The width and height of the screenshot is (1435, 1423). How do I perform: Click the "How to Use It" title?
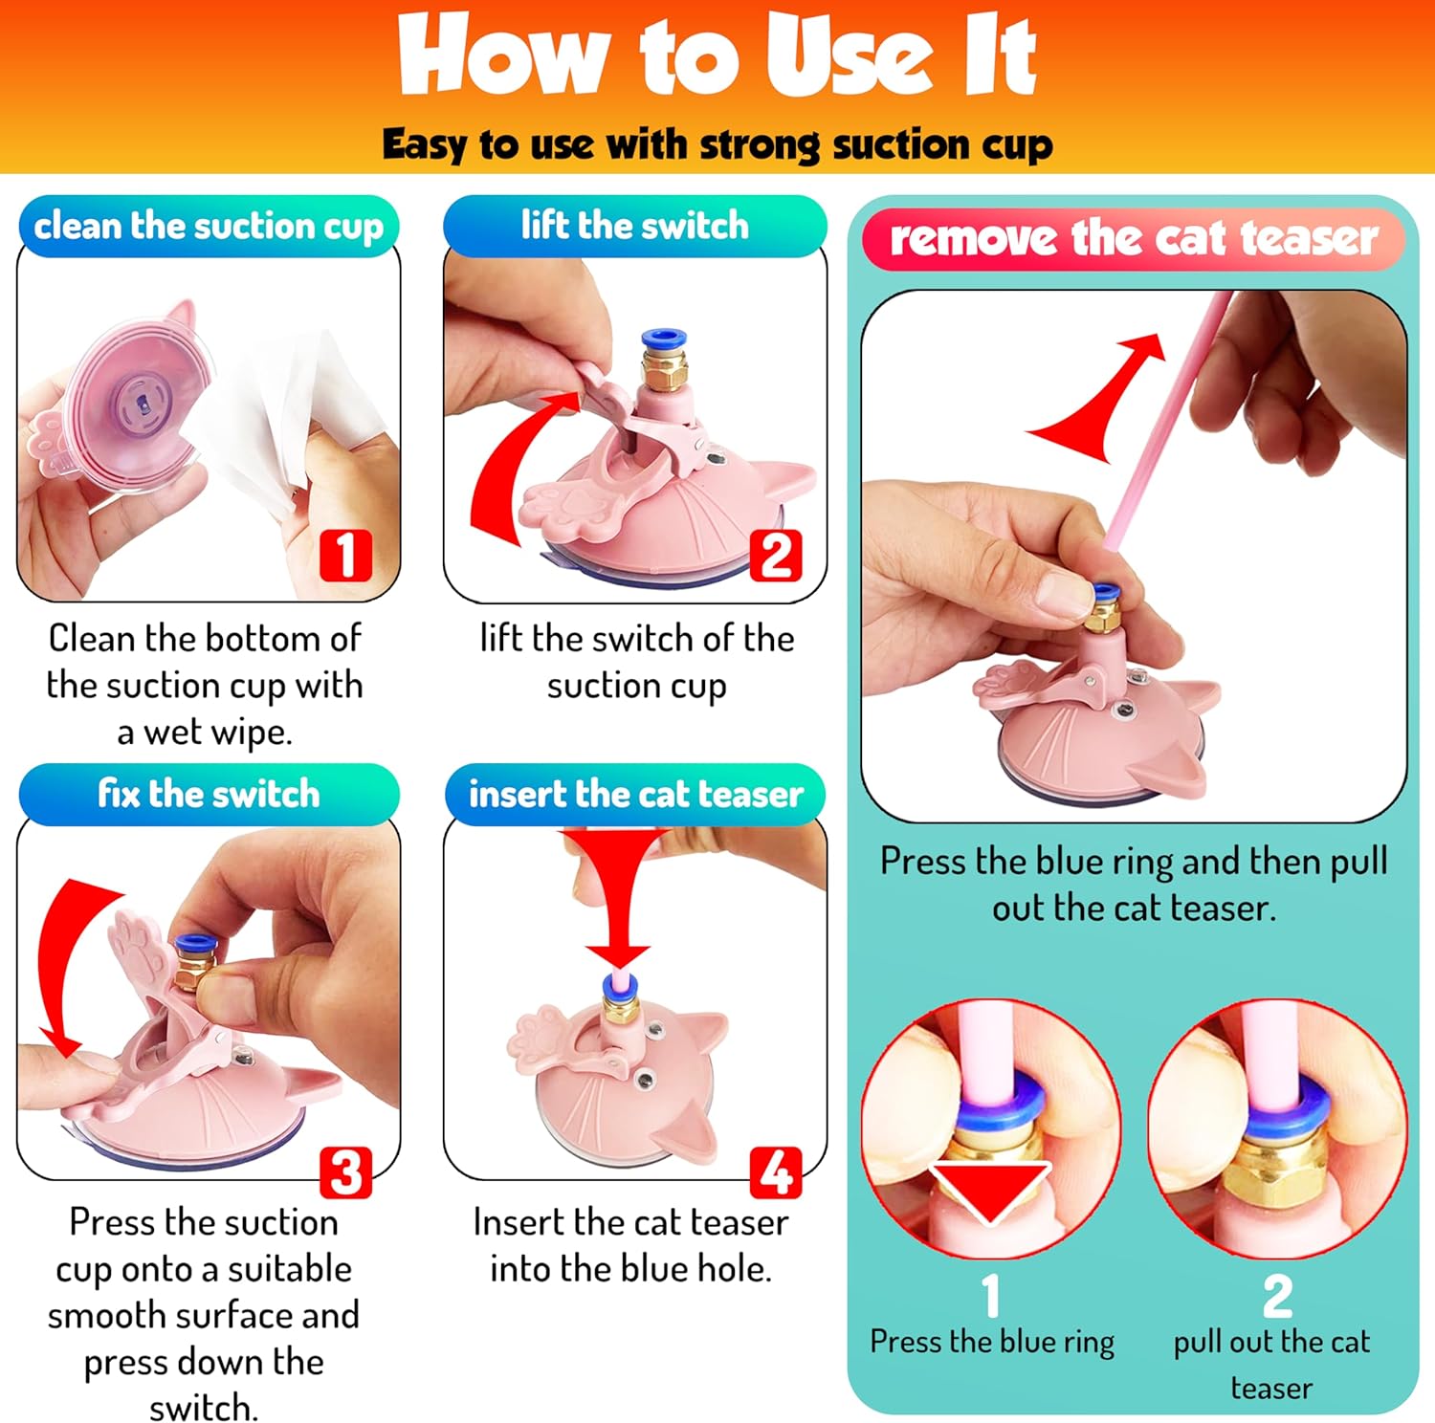(x=717, y=55)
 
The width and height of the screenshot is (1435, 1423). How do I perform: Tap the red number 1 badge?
(x=345, y=555)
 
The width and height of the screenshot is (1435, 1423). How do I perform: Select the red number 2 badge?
(x=776, y=555)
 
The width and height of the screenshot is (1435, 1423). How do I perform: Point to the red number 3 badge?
(x=345, y=1172)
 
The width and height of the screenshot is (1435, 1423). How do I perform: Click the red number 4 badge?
(x=776, y=1172)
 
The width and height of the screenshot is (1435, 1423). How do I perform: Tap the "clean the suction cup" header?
(x=209, y=227)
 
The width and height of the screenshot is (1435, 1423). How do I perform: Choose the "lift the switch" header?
(x=635, y=227)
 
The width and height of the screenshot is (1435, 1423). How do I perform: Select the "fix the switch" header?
(x=209, y=795)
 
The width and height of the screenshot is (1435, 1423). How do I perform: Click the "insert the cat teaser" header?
(x=635, y=795)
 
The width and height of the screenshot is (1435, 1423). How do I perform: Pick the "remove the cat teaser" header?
(x=1134, y=239)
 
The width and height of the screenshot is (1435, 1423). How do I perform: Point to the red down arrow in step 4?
(x=618, y=894)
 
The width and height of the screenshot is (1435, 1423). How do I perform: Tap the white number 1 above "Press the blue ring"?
(x=991, y=1296)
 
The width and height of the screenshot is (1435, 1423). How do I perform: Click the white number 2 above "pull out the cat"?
(x=1277, y=1296)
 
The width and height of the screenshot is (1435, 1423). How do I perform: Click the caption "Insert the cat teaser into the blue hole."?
(x=631, y=1245)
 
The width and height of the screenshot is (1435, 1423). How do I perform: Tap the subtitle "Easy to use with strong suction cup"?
(x=717, y=144)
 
